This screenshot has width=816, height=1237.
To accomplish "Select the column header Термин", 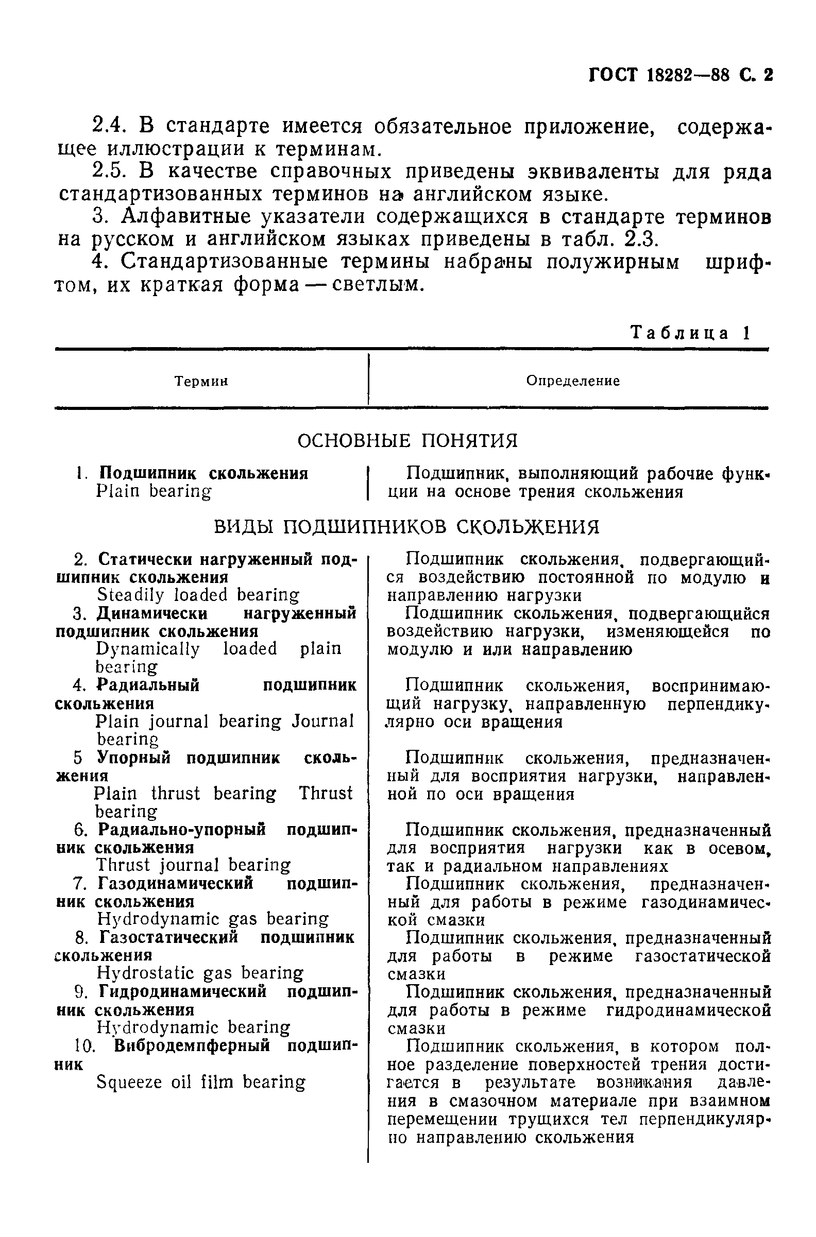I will click(x=201, y=382).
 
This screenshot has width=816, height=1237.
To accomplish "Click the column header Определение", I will click(x=572, y=381).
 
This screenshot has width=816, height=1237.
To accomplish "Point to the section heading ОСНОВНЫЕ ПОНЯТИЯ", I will click(x=407, y=441).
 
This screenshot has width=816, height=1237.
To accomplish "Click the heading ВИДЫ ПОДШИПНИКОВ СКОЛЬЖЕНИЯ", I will click(x=406, y=527).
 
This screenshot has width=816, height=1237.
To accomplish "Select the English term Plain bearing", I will click(x=154, y=492).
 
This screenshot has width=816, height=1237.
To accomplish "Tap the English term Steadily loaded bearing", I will click(x=198, y=595).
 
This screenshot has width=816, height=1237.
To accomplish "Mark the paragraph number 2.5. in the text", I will click(x=109, y=171).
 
